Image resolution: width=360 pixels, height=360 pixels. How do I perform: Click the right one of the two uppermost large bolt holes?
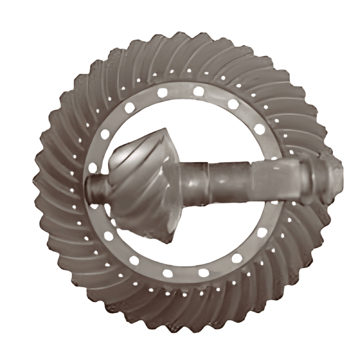pyautogui.click(x=198, y=92)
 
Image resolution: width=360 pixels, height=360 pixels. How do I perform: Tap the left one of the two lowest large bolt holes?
pyautogui.click(x=167, y=273)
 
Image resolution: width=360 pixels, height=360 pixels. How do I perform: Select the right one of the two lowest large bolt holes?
pyautogui.click(x=203, y=272)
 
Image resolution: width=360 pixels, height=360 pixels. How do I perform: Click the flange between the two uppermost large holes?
pyautogui.click(x=180, y=91)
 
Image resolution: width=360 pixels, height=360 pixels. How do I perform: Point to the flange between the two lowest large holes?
pyautogui.click(x=185, y=274)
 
